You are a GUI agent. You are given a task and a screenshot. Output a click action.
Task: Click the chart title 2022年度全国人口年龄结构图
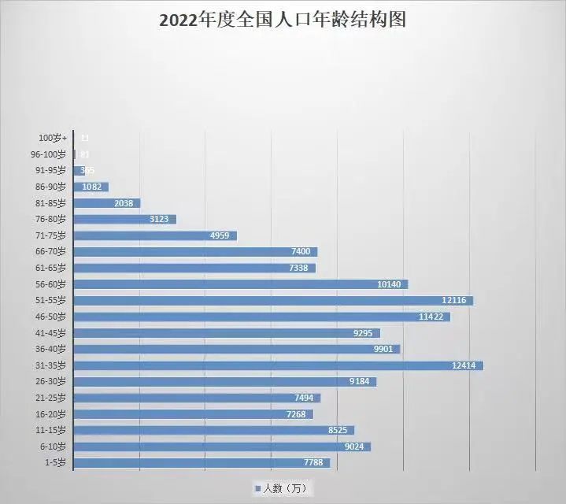coord(283,20)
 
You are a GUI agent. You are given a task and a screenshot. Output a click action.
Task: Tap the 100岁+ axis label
coord(54,138)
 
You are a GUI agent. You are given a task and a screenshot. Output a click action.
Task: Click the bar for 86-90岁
coord(91,187)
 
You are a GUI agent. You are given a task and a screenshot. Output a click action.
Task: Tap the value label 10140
coord(392,284)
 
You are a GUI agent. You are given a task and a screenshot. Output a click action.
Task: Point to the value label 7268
coord(298,414)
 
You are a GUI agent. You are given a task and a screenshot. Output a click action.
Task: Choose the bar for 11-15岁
coord(213,430)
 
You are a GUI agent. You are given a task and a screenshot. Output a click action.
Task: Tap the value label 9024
coord(355,447)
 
